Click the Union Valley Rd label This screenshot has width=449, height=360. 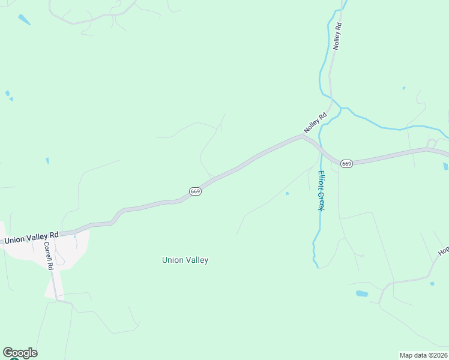31,238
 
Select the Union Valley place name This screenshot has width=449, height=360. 185,260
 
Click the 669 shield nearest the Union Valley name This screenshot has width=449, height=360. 195,191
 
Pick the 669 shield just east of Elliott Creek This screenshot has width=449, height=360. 346,163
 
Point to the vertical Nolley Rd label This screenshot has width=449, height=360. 337,36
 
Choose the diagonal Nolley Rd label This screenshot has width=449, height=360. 315,123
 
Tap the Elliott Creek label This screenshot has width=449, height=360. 321,190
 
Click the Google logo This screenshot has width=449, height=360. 20,353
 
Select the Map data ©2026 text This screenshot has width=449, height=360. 423,355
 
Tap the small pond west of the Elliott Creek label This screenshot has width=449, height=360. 287,193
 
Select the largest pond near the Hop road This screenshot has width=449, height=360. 362,293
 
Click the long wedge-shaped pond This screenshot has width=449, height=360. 24,19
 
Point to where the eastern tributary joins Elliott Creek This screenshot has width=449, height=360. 340,109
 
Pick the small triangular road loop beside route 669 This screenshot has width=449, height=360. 432,143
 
